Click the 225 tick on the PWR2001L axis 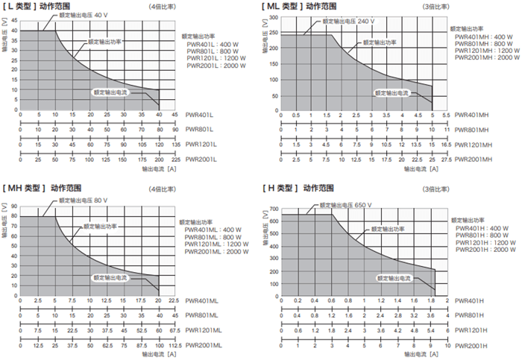175,160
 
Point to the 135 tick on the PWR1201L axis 175,145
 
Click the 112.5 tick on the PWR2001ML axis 174,346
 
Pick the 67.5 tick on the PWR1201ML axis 174,330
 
